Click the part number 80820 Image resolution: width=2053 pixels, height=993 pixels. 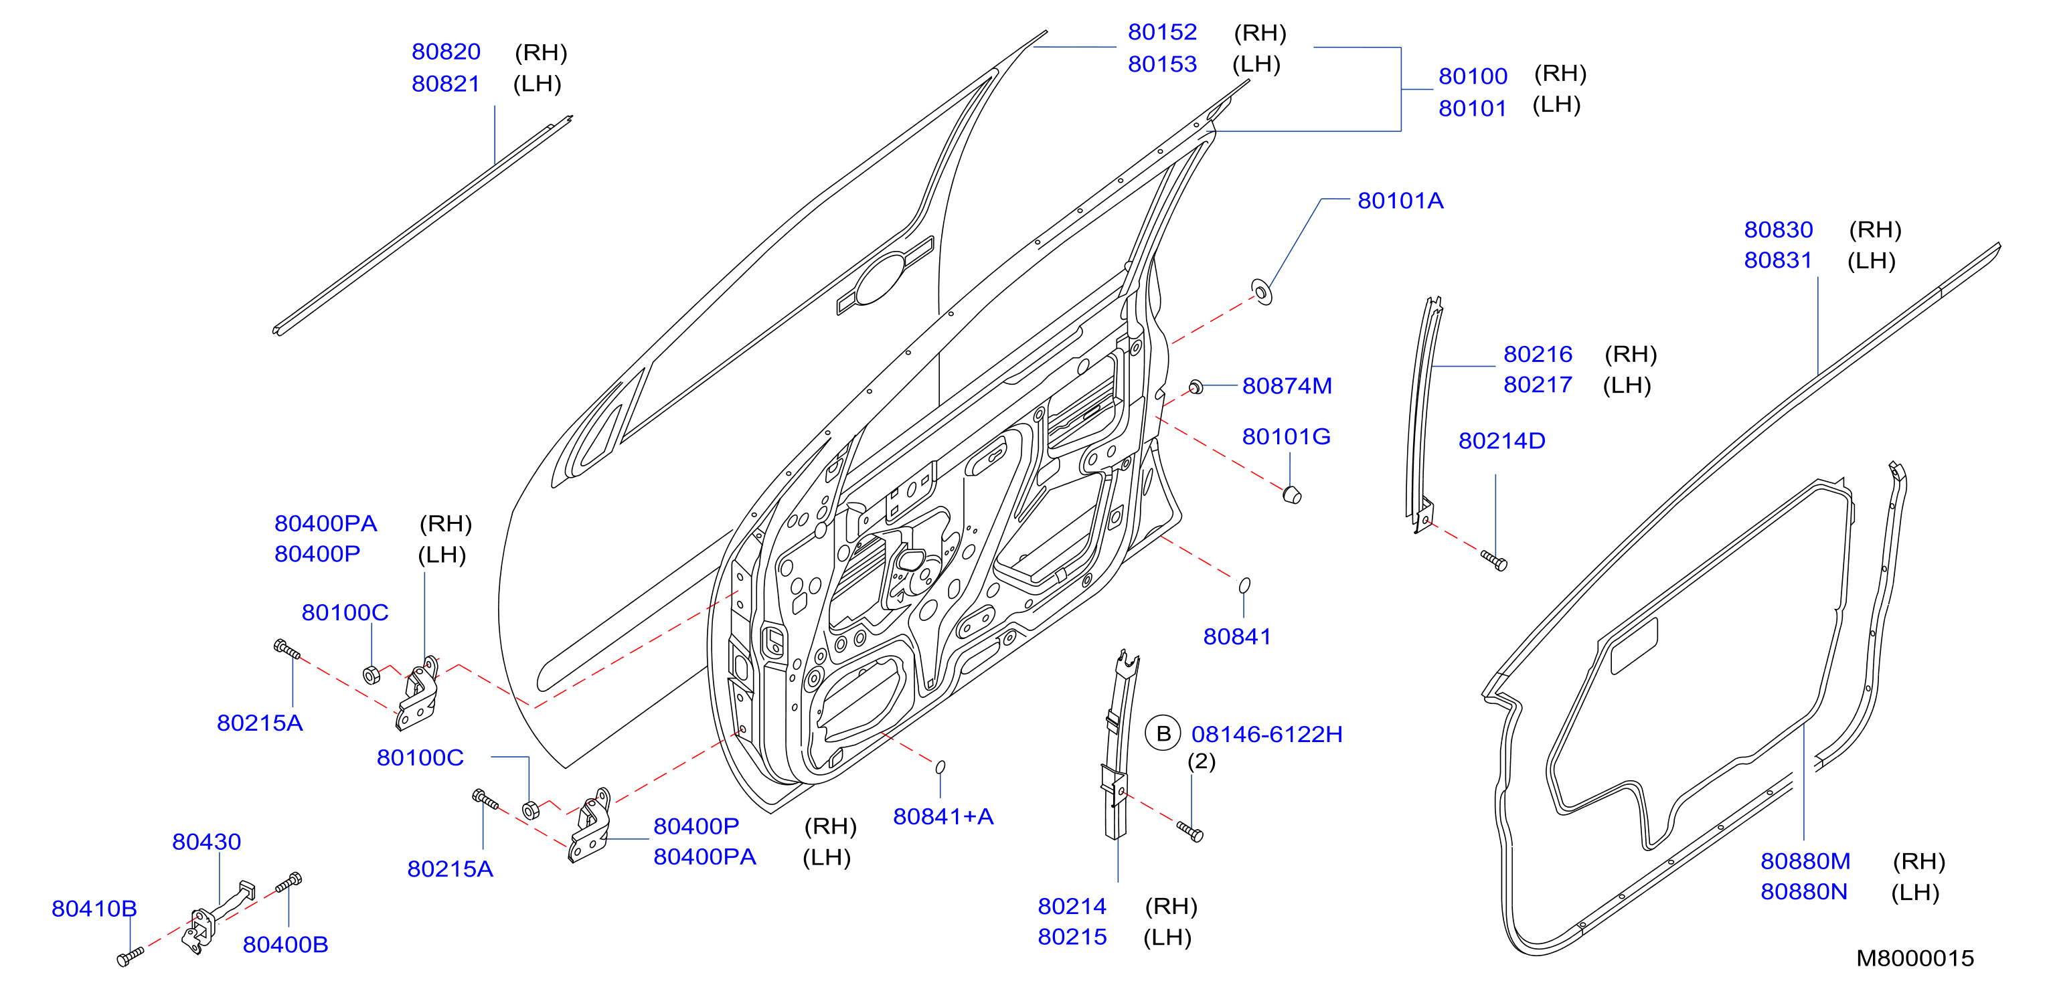(x=446, y=52)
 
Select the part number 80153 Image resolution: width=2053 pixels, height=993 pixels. (x=1162, y=64)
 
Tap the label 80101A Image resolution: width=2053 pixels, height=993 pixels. (x=1400, y=201)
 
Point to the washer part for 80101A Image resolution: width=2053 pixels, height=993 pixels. (x=1262, y=292)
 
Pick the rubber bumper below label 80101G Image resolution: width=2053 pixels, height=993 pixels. (x=1292, y=494)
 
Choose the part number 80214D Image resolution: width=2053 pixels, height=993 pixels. (x=1501, y=441)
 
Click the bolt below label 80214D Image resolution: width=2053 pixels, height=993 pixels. (x=1494, y=560)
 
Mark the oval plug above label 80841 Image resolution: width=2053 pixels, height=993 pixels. (x=1244, y=585)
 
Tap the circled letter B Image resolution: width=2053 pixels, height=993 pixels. (x=1163, y=733)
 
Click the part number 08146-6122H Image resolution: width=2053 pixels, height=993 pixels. (x=1266, y=734)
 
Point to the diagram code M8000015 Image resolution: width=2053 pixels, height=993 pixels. (x=1914, y=958)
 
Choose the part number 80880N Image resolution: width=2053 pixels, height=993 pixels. (x=1803, y=892)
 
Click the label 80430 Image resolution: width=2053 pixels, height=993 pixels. (x=206, y=842)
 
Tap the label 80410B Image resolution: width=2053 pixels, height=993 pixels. (x=94, y=909)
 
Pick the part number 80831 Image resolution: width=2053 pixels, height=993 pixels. (x=1778, y=260)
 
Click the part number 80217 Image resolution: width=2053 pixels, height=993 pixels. (x=1538, y=385)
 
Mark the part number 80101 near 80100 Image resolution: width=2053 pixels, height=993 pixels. (x=1472, y=108)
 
